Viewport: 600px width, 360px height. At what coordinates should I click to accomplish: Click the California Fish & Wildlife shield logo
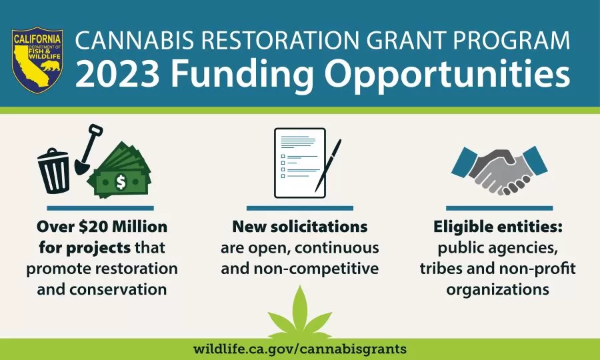pos(37,60)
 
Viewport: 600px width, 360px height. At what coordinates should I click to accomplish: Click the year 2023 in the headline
pos(118,74)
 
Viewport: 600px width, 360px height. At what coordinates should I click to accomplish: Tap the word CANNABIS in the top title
pos(135,41)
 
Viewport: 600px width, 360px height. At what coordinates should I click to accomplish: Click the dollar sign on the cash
pos(121,182)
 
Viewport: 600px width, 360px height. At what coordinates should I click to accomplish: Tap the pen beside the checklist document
pos(328,165)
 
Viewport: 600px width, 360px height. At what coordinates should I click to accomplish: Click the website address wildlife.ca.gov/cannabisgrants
pos(300,349)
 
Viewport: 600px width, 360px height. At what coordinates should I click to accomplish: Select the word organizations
pos(498,289)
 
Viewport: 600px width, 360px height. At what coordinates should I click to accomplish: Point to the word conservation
pos(118,289)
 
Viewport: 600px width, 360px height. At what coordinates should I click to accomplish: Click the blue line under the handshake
pos(499,208)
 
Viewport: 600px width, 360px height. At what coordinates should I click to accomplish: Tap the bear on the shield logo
pos(51,66)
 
